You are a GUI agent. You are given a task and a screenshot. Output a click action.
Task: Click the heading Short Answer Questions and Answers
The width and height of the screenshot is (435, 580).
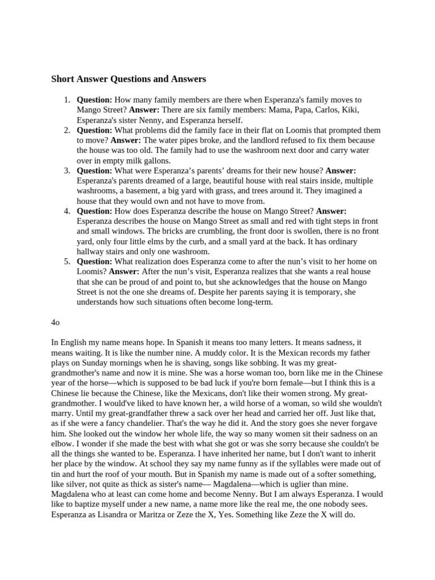click(x=129, y=79)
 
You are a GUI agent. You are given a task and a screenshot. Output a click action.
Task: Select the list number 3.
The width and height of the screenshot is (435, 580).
click(x=67, y=170)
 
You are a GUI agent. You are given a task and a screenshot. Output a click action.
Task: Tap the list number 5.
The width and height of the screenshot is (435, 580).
click(x=67, y=262)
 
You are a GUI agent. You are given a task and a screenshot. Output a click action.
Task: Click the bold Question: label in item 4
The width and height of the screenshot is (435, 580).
click(x=95, y=211)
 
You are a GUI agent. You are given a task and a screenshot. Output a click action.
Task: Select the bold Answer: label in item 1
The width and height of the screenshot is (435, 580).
click(x=144, y=110)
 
